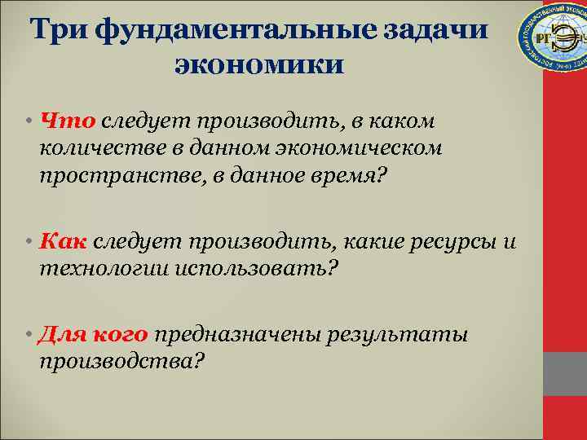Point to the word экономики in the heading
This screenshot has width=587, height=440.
[x=259, y=64]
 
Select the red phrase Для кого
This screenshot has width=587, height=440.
[x=93, y=336]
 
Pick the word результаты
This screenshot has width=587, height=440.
[x=397, y=336]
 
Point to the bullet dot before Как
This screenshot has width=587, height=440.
[x=29, y=242]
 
